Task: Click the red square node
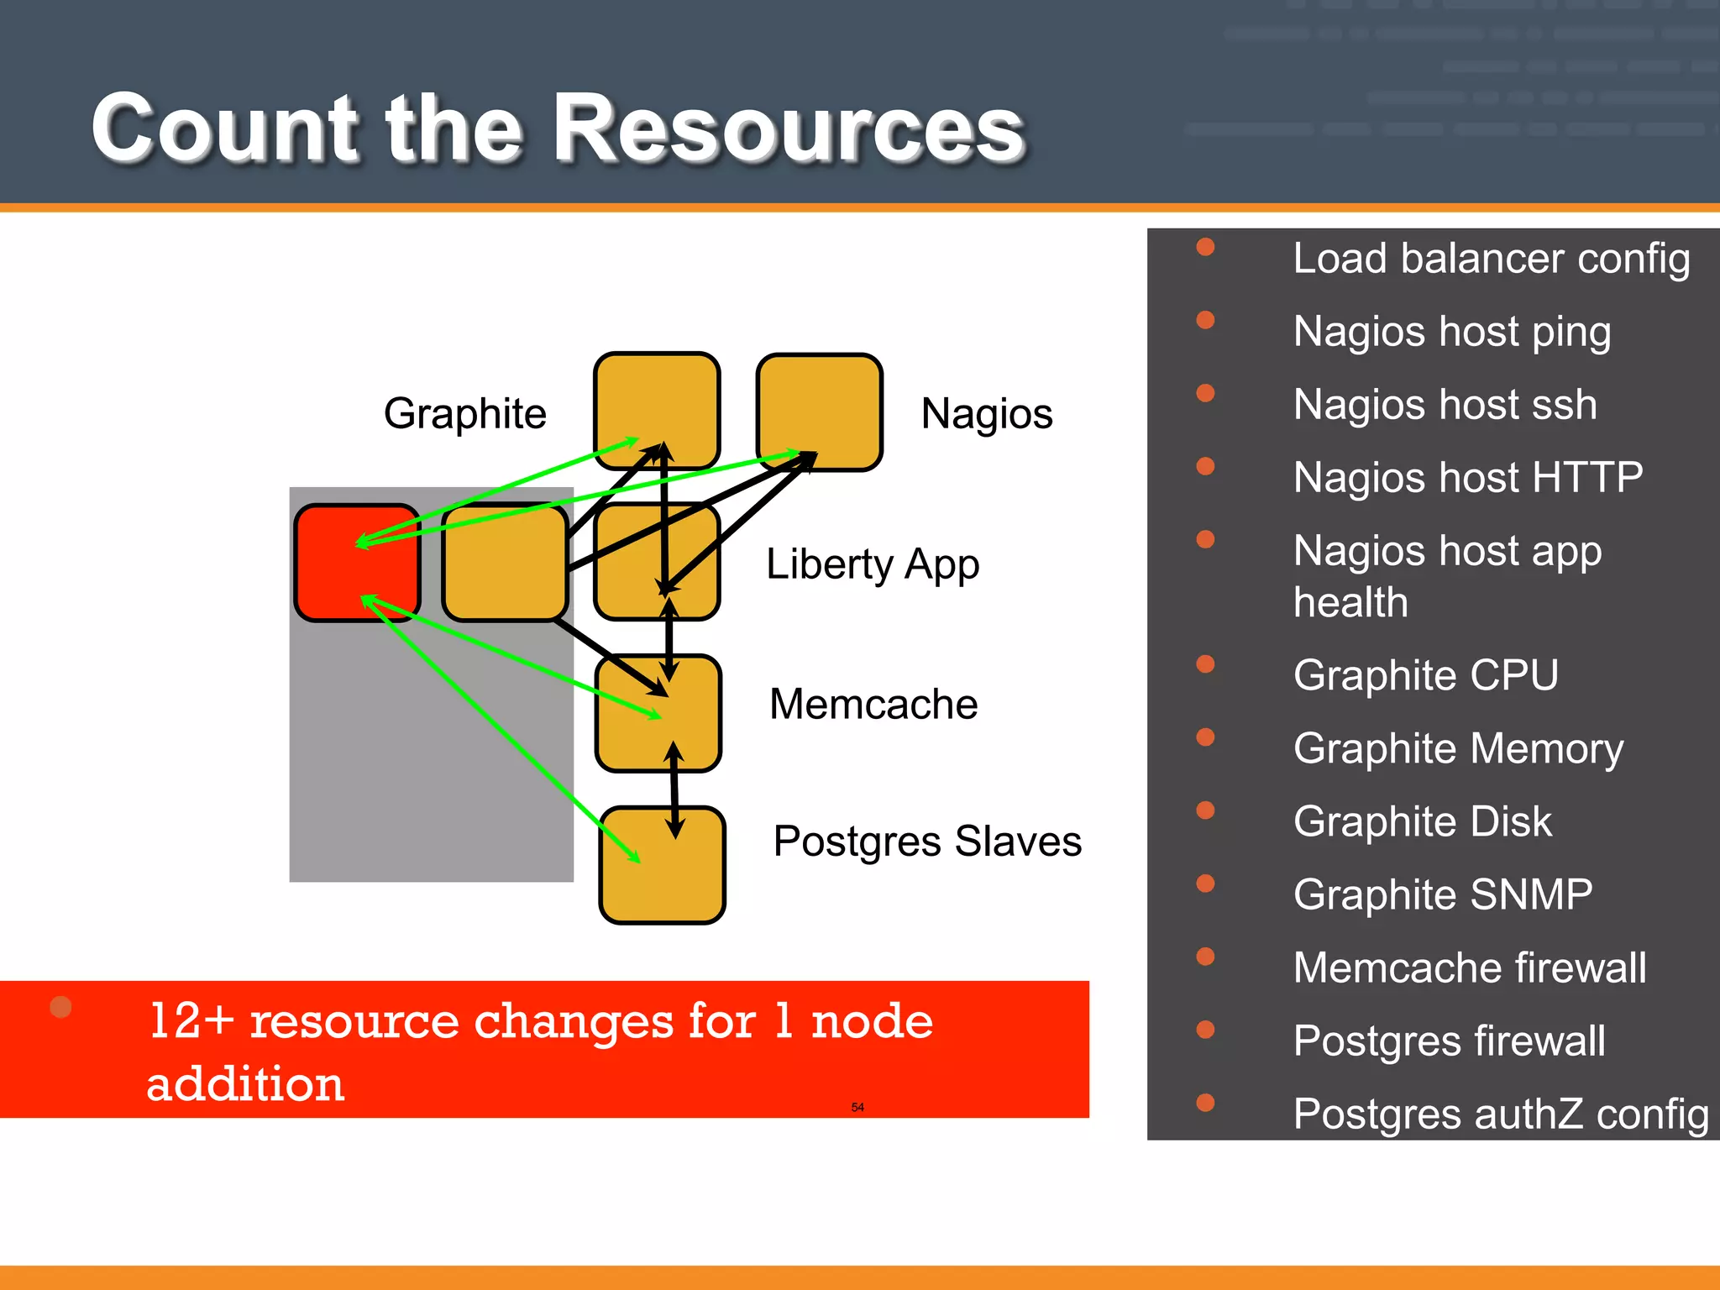(357, 563)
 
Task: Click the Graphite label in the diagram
(464, 413)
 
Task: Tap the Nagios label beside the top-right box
(986, 413)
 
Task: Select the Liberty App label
(872, 564)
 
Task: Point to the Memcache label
(873, 704)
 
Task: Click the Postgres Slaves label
(926, 841)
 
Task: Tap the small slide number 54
(857, 1107)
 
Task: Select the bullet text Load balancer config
(1491, 258)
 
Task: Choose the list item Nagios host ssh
(1445, 404)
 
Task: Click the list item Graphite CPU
(1425, 675)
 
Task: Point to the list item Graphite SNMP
(1442, 894)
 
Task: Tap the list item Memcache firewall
(1469, 967)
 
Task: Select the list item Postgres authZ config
(1500, 1114)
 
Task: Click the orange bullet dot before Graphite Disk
(1205, 810)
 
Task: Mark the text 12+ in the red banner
(191, 1021)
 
